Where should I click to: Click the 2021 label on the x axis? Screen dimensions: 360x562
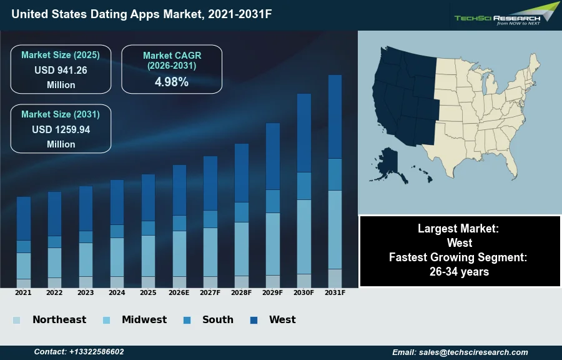click(23, 292)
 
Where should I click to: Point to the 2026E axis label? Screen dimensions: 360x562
click(179, 292)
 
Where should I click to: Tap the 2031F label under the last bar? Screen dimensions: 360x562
click(335, 292)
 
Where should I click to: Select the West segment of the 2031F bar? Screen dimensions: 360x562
click(335, 116)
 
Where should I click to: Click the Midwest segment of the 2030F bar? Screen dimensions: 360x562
click(304, 236)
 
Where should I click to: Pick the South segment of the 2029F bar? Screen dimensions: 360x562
click(273, 201)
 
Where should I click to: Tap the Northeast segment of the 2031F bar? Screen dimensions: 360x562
click(335, 278)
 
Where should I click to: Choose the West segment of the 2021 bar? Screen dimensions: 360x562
click(24, 218)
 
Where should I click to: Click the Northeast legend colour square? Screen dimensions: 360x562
click(17, 321)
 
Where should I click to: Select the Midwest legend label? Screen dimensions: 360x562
click(144, 320)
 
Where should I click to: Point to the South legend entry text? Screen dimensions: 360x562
click(218, 320)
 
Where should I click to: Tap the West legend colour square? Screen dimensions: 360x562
click(254, 321)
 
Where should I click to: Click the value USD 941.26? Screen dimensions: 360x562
click(61, 71)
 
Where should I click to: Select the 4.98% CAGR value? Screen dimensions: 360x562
click(172, 82)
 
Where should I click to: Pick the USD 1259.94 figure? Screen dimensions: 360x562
click(61, 130)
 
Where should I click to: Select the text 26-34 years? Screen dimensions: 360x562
click(459, 272)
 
